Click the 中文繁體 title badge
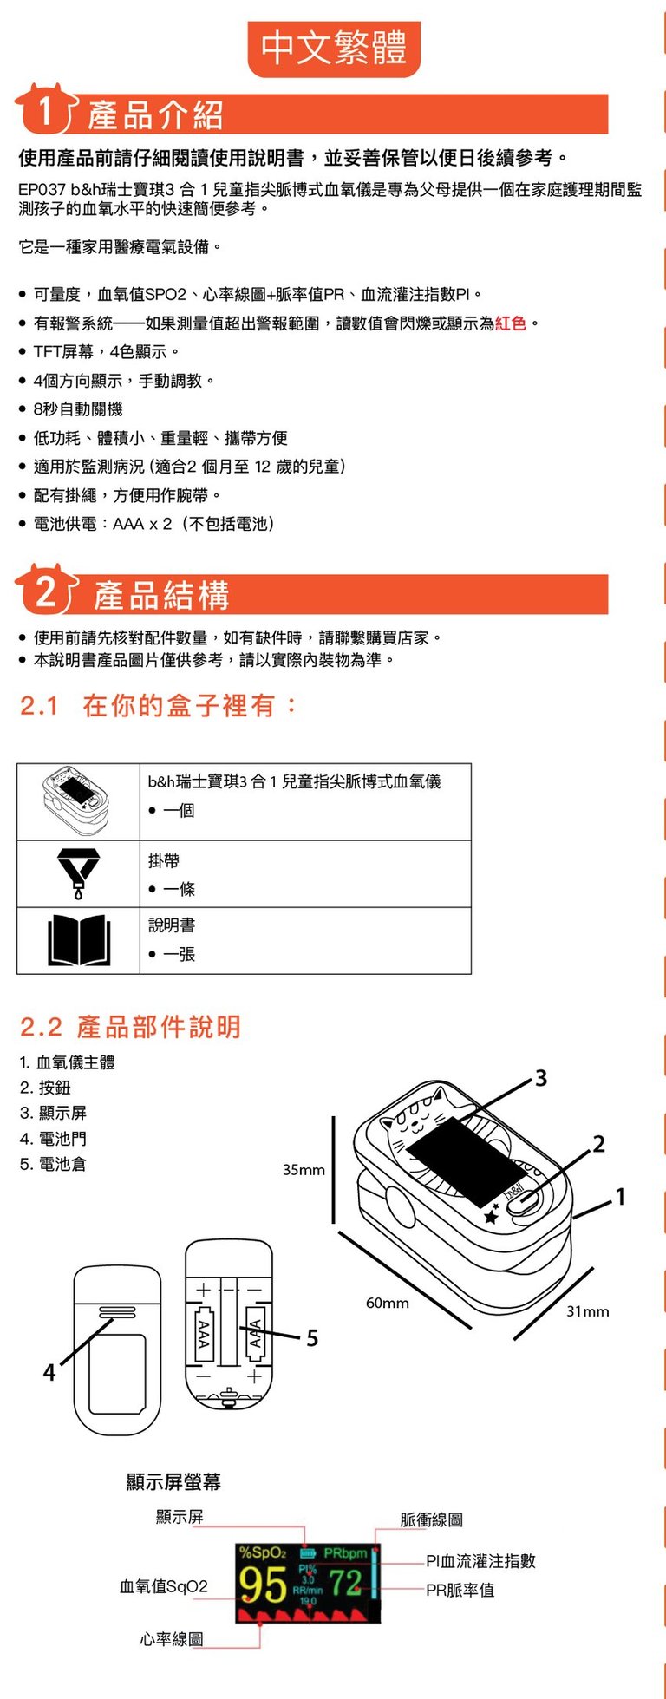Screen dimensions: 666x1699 [x=334, y=49]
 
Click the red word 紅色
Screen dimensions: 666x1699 [x=511, y=323]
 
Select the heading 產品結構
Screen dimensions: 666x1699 [x=162, y=596]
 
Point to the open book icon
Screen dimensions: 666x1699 [x=79, y=940]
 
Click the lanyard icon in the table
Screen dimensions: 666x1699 [x=78, y=873]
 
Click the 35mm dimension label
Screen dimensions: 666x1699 [x=304, y=1170]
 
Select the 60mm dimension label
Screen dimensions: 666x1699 [x=387, y=1303]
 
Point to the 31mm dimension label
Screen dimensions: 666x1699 [x=588, y=1311]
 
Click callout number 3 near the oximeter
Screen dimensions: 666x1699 [x=541, y=1078]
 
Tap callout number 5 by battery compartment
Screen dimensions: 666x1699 [x=312, y=1338]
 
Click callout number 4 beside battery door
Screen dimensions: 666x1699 [x=49, y=1372]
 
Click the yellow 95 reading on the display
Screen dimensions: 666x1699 [x=263, y=1585]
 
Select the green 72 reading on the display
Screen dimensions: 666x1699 [x=345, y=1584]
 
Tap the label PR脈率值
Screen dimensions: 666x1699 [x=460, y=1590]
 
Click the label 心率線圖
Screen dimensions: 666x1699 [x=172, y=1638]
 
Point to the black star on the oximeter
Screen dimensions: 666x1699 [x=492, y=1217]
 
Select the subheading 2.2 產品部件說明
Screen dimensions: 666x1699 [x=130, y=1027]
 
